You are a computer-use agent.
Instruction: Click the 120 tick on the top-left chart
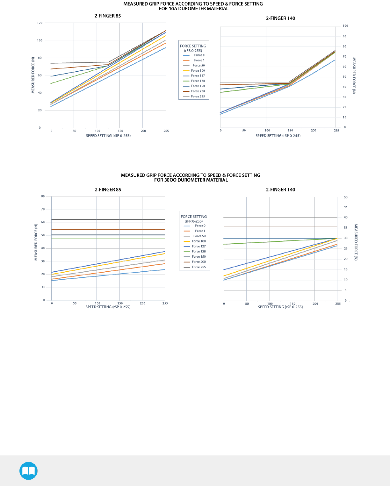[40, 23]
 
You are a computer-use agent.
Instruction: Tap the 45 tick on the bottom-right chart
[345, 207]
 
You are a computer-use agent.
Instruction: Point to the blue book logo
[29, 471]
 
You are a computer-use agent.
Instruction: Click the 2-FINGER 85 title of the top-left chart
[108, 16]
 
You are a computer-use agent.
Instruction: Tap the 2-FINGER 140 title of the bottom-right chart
[280, 190]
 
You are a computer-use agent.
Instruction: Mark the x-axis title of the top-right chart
[278, 136]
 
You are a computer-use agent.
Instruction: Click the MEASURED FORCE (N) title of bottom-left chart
[36, 242]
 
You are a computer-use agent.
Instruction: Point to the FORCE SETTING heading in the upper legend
[193, 46]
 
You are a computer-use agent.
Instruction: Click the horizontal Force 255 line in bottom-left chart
[108, 219]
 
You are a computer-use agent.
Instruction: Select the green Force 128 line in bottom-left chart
[108, 239]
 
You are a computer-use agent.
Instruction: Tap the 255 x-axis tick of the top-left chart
[166, 131]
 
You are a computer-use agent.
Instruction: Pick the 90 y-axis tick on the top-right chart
[345, 36]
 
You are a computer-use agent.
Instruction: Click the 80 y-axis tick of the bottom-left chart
[43, 196]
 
